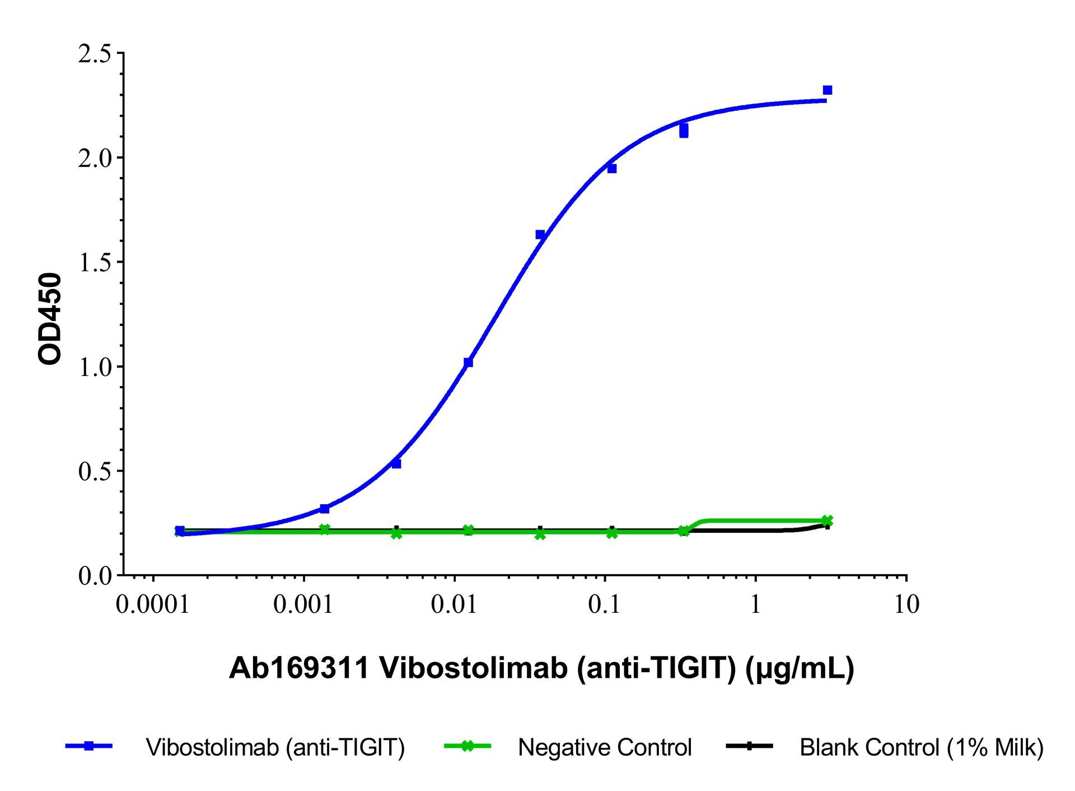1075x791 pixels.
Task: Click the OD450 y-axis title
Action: [50, 318]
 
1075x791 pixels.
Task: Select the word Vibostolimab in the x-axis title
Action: [473, 668]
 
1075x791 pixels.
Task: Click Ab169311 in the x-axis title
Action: [300, 668]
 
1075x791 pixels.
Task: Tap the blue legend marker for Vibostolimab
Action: [88, 746]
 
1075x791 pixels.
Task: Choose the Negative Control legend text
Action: [605, 747]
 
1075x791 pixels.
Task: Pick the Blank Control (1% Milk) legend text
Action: [922, 747]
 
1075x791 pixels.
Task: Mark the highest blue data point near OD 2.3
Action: [828, 90]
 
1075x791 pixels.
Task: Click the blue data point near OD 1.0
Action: [468, 362]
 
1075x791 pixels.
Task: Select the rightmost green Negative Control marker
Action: [828, 521]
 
